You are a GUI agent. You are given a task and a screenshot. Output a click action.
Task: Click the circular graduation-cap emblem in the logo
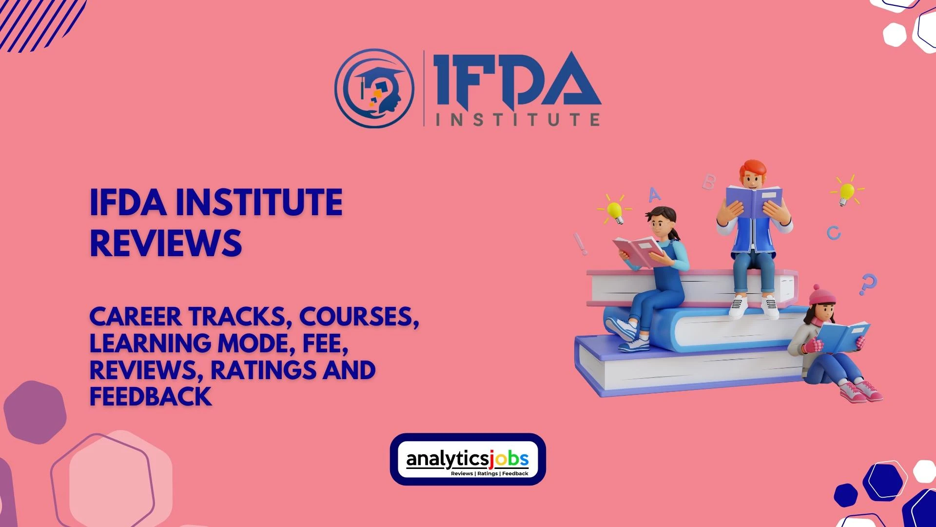[x=374, y=88]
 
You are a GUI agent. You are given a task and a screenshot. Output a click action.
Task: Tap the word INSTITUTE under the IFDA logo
[x=517, y=119]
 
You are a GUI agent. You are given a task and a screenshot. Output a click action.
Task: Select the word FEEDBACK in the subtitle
[x=150, y=396]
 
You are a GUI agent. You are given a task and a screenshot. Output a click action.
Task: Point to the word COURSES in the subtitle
[x=359, y=317]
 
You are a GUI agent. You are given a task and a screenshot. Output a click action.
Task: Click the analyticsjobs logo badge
[x=468, y=459]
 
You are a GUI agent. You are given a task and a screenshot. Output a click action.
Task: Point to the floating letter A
[x=654, y=194]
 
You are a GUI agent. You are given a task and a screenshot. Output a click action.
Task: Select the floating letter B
[x=708, y=182]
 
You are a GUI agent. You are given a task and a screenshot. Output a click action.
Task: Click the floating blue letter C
[x=834, y=233]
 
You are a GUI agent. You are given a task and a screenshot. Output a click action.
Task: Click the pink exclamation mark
[x=581, y=243]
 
